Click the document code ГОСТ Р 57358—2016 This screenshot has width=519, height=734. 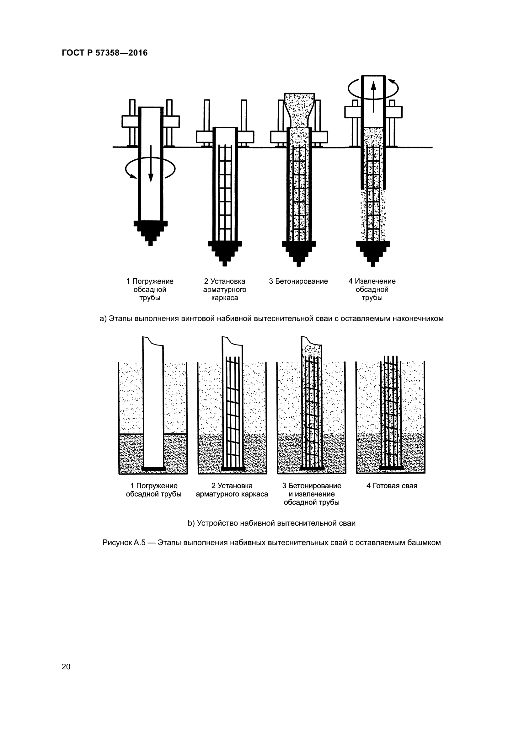point(105,53)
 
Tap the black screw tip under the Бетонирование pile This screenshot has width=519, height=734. point(299,252)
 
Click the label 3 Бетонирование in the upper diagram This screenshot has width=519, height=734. point(298,281)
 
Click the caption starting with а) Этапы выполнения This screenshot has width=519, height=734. point(271,319)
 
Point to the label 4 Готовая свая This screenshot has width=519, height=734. point(392,486)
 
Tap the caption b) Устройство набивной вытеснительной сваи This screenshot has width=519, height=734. point(271,523)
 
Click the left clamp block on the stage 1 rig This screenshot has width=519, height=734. point(130,121)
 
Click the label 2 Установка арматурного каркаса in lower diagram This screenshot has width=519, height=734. point(232,490)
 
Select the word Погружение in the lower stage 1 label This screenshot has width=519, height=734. point(157,486)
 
